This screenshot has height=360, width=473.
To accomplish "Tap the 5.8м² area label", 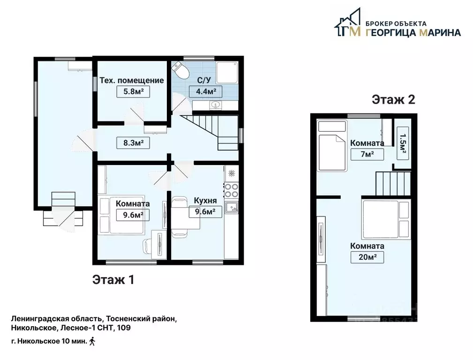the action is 133,91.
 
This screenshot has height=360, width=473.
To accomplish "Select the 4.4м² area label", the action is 205,91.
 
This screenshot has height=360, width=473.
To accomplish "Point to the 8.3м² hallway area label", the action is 133,142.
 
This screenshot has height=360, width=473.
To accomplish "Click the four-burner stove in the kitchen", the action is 232,190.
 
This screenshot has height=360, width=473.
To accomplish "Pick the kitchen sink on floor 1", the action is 232,208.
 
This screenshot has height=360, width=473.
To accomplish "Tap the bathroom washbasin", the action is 215,105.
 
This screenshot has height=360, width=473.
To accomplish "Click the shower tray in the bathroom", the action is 227,73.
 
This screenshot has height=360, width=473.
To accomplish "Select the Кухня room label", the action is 205,201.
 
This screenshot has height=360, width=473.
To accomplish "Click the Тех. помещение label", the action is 132,80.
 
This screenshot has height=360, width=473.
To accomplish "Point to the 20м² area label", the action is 367,257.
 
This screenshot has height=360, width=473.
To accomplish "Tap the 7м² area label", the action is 367,155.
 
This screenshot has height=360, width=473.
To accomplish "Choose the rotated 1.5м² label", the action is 403,143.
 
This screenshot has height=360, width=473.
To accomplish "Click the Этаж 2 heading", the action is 393,99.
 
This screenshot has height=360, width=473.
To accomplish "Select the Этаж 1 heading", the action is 113,280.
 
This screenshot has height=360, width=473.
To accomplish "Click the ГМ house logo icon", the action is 347,22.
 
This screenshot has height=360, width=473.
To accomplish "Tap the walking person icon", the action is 92,341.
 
